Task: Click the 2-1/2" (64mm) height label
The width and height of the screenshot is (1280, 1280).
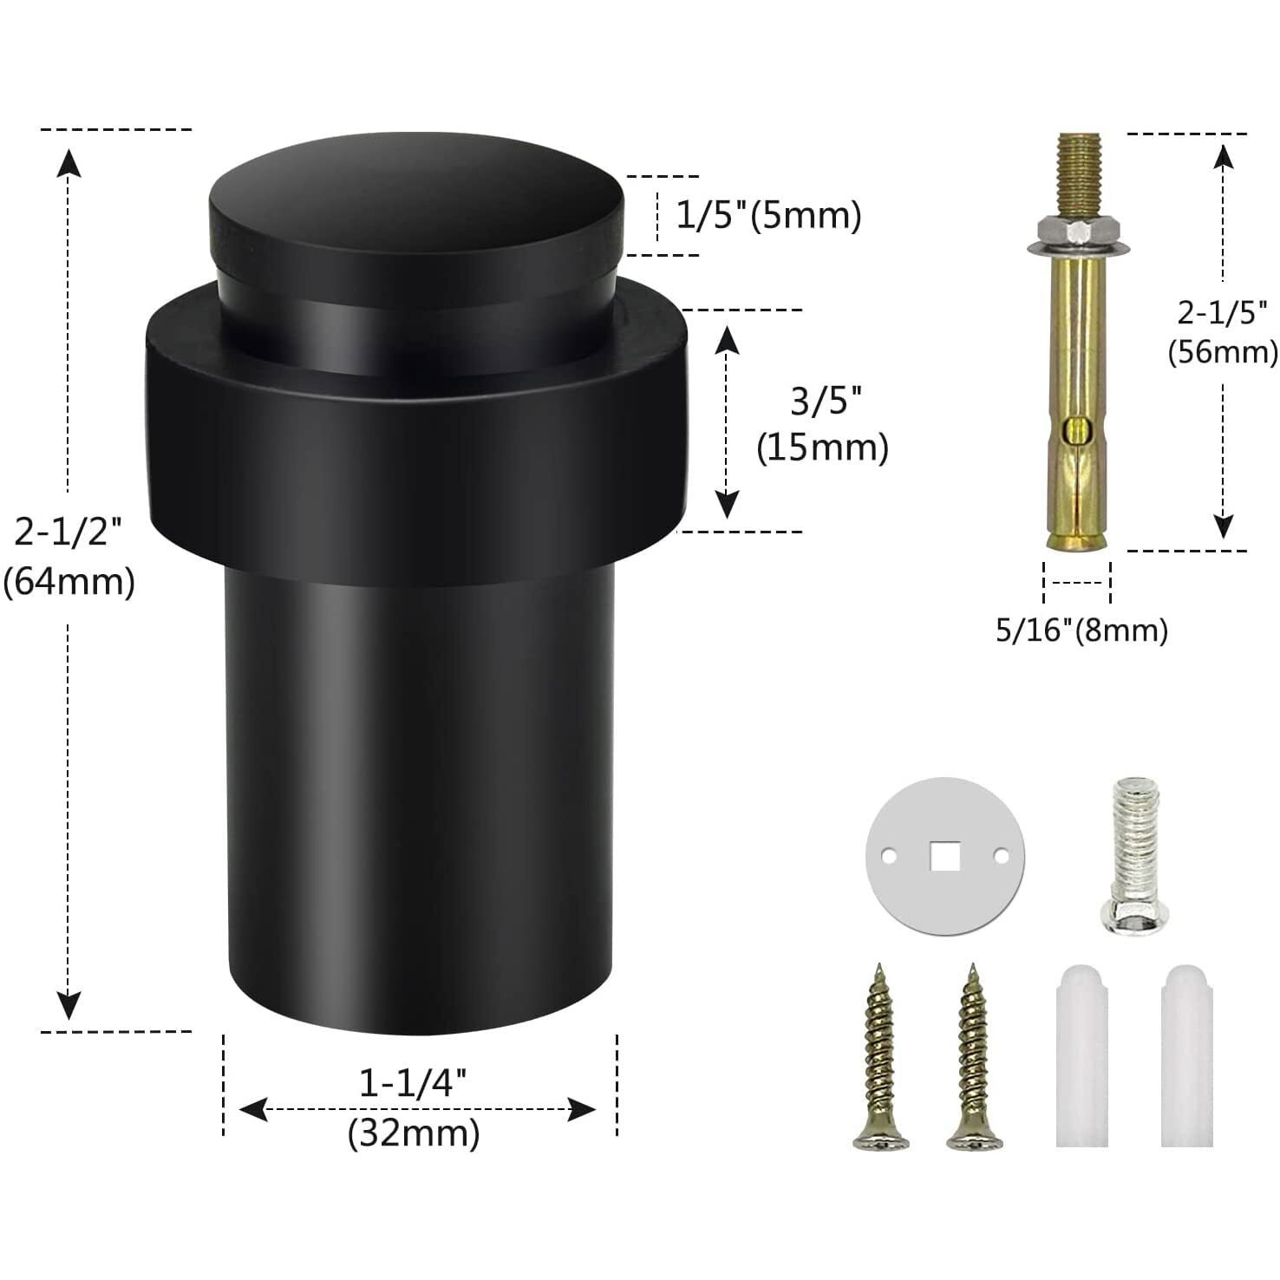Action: point(69,557)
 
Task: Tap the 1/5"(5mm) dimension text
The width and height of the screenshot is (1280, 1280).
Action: point(767,215)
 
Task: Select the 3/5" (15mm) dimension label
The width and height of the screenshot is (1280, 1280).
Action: point(822,425)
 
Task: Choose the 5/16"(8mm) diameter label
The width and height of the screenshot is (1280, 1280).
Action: point(1081,630)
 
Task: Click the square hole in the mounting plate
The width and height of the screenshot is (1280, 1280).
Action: point(944,858)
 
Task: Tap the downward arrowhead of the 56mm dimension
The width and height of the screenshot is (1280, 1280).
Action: point(1223,526)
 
